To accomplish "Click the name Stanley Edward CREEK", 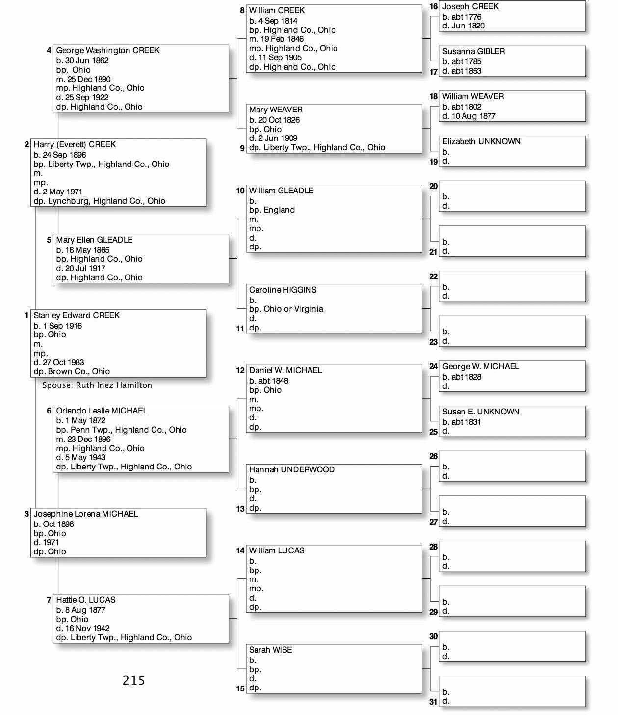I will click(x=77, y=315).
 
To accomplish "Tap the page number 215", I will click(x=133, y=680).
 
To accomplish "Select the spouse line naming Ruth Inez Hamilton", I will click(x=97, y=385).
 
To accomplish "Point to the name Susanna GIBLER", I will click(x=473, y=51).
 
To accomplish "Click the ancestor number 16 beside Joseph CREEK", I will click(x=433, y=6).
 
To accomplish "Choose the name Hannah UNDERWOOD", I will click(x=291, y=469).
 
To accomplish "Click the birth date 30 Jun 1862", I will click(x=86, y=60).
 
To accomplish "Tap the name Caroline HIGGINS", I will click(x=283, y=290).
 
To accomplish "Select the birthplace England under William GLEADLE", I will click(x=279, y=210).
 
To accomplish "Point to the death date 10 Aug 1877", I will click(x=473, y=116).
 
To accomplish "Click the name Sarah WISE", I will click(x=270, y=650).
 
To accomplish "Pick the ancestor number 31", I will click(x=433, y=702).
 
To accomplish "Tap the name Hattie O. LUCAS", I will click(x=86, y=600).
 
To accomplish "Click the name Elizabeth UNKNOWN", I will click(x=481, y=141).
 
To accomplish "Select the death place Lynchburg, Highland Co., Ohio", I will click(x=106, y=201).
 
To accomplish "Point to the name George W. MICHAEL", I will click(x=481, y=366).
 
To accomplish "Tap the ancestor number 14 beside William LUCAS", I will click(x=240, y=550).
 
